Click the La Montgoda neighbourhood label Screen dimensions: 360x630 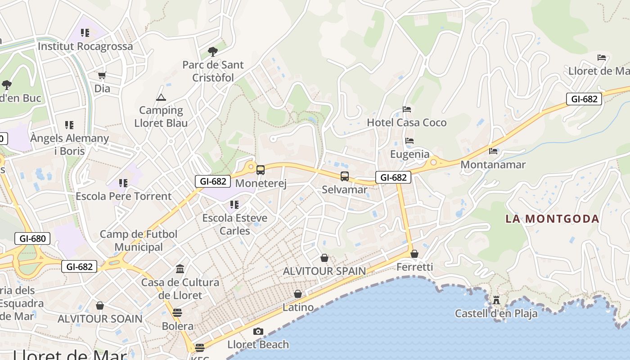552,219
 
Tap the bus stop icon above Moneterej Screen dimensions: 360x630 261,170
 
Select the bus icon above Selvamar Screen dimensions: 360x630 345,176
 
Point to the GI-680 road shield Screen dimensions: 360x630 32,238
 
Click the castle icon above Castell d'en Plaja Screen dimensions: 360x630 496,300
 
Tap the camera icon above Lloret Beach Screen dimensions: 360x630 258,332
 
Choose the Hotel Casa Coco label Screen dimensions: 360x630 407,122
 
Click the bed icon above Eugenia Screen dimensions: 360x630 409,141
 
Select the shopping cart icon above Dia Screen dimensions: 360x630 102,75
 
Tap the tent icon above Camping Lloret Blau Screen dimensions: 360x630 161,97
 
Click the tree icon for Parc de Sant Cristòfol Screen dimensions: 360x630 213,52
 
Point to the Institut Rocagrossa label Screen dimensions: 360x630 85,46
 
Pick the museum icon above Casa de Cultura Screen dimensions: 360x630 180,269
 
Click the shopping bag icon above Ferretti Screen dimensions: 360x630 414,254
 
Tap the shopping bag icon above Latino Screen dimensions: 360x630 298,294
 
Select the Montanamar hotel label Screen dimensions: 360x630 493,164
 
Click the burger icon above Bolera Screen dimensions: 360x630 177,313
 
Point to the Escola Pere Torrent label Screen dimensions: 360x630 123,196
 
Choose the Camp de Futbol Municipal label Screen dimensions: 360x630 139,240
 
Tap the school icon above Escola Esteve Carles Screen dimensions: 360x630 234,205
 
